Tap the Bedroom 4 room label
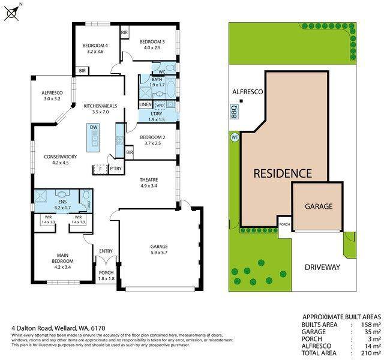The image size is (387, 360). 95,46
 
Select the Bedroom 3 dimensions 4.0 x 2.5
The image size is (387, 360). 152,47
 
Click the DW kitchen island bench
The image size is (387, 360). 94,138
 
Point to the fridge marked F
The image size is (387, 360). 100,169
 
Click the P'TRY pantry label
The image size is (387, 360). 116,169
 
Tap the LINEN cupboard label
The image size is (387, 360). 146,104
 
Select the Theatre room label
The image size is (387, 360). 149,180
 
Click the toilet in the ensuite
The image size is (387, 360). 86,195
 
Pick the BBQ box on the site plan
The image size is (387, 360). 235,112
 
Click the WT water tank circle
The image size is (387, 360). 235,137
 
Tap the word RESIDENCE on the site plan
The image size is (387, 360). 283,173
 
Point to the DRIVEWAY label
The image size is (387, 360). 322,267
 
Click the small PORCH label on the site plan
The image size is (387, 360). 284,224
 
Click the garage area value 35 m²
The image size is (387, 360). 373,332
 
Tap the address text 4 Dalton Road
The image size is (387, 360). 32,328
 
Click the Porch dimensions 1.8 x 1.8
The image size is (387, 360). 106,278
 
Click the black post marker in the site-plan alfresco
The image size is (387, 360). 241,101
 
